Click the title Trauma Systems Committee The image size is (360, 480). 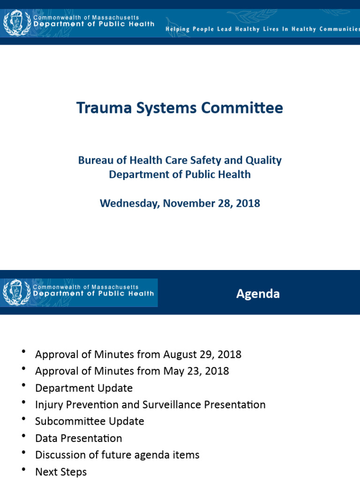[x=180, y=108]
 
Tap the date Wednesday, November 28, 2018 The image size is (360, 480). [x=180, y=203]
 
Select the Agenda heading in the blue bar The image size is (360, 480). [x=258, y=293]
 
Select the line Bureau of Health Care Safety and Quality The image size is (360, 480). [x=180, y=160]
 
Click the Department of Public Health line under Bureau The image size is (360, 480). [x=180, y=174]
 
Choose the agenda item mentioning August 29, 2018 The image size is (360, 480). [x=138, y=354]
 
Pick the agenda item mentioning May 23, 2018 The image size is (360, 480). [x=132, y=371]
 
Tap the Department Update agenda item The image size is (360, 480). [x=84, y=388]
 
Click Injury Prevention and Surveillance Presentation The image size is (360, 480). [x=150, y=405]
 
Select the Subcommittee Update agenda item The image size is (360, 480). [x=90, y=421]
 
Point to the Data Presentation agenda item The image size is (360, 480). [x=78, y=438]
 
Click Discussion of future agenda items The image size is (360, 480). [x=117, y=455]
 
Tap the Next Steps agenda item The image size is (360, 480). [x=61, y=472]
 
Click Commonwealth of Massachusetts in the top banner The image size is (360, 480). [x=86, y=17]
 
